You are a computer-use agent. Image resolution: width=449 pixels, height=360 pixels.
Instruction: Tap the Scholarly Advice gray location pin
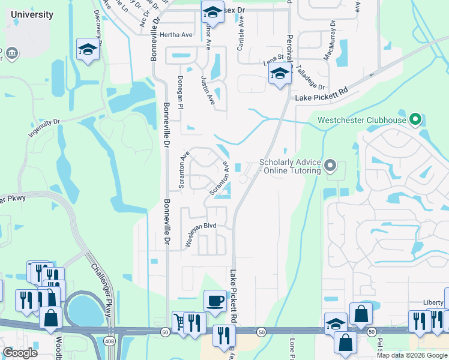(330, 165)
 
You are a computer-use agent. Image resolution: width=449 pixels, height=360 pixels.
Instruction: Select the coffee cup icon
(214, 301)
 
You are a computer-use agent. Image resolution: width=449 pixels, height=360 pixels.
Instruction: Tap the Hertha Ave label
(176, 35)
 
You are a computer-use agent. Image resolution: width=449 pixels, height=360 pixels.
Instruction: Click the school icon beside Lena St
(279, 75)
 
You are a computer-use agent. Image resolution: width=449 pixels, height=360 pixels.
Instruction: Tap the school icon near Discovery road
(88, 50)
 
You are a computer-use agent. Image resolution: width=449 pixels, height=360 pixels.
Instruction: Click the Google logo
(20, 353)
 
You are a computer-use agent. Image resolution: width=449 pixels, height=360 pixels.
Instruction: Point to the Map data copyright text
(412, 355)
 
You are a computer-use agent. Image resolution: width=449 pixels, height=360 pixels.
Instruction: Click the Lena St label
(273, 62)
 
